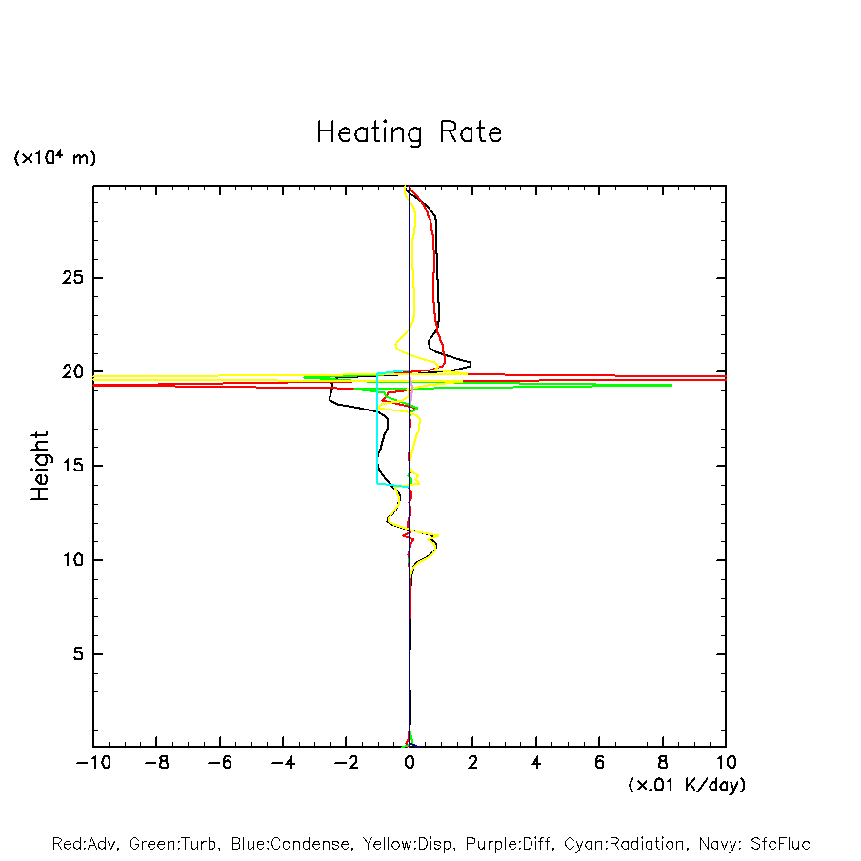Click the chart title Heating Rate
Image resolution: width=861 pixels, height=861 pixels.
click(x=409, y=132)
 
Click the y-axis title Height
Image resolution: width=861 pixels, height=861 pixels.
click(x=40, y=466)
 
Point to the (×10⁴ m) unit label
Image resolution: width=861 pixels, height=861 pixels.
click(x=54, y=158)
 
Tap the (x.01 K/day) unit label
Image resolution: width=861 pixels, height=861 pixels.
click(x=686, y=785)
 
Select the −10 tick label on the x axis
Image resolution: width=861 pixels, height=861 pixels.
click(x=93, y=763)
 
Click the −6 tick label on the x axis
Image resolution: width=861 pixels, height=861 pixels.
click(x=219, y=763)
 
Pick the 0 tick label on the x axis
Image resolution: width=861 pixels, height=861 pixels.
click(x=410, y=763)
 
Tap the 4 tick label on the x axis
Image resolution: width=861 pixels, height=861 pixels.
click(x=536, y=763)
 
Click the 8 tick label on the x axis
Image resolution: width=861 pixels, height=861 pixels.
click(x=663, y=763)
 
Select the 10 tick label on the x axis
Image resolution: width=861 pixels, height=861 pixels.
click(x=725, y=763)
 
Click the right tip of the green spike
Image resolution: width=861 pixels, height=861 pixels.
click(x=671, y=385)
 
